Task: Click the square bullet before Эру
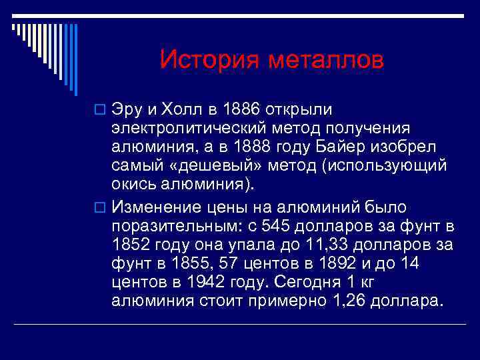[x=101, y=109]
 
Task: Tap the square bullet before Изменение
[x=101, y=208]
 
